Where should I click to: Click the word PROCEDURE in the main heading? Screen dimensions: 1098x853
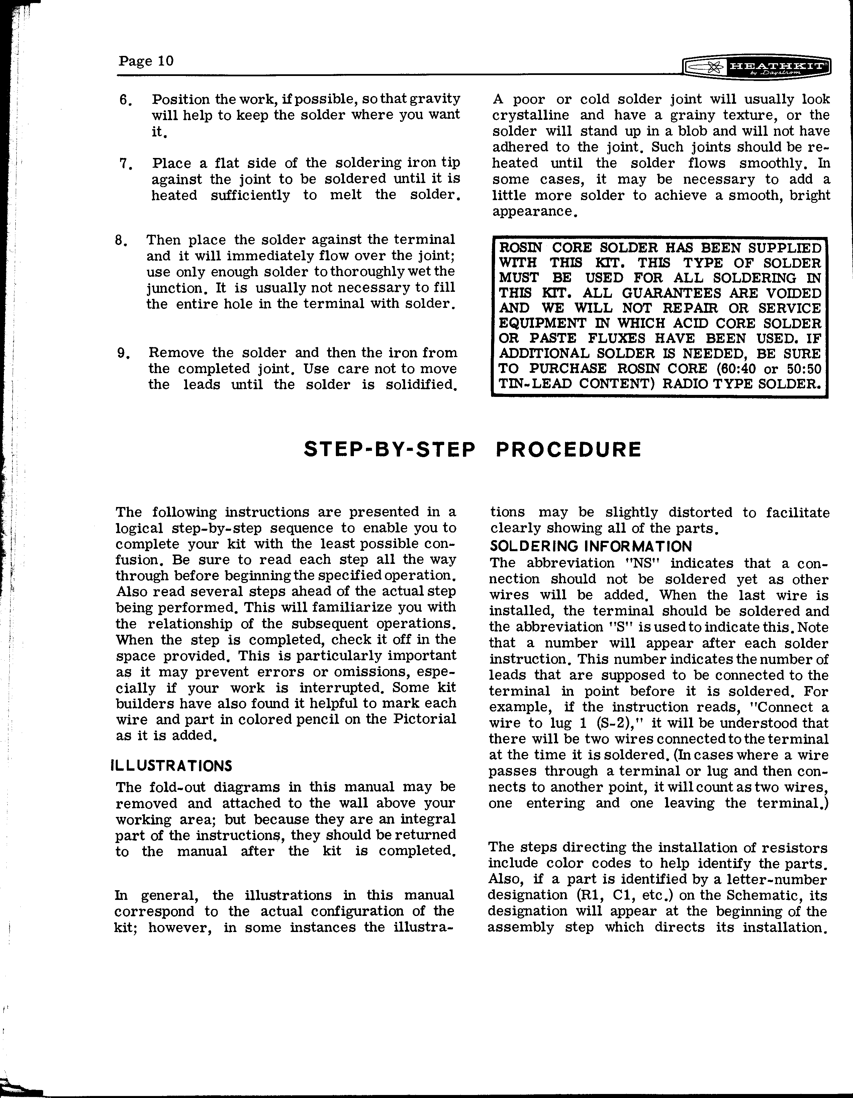click(x=568, y=449)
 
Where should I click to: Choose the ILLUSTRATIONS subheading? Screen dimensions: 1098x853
click(x=171, y=766)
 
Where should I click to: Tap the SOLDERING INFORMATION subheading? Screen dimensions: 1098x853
click(x=591, y=546)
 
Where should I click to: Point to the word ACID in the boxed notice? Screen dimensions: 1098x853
click(x=691, y=323)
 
